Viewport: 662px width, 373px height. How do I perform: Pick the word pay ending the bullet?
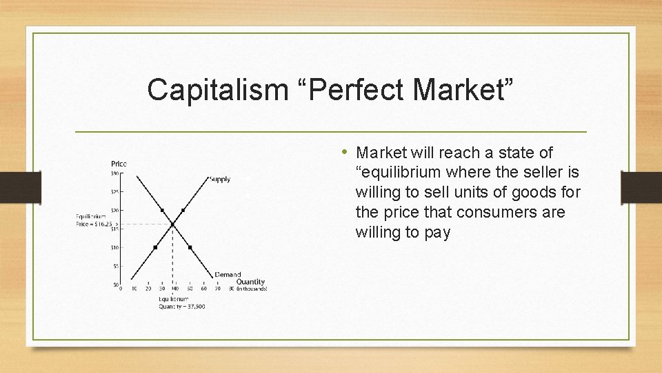pyautogui.click(x=438, y=232)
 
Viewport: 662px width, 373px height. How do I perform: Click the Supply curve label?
pyautogui.click(x=219, y=180)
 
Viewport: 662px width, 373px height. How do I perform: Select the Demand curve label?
pyautogui.click(x=228, y=275)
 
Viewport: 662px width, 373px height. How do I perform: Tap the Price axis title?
pyautogui.click(x=119, y=164)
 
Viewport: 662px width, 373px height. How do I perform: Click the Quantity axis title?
pyautogui.click(x=250, y=282)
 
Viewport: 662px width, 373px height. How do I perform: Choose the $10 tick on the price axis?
pyautogui.click(x=116, y=247)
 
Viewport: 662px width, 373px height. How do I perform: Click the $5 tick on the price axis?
pyautogui.click(x=117, y=266)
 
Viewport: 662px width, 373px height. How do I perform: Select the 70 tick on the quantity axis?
pyautogui.click(x=217, y=289)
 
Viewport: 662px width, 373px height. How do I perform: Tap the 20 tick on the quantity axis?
pyautogui.click(x=148, y=289)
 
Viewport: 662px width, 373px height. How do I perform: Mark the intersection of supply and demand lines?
pyautogui.click(x=172, y=224)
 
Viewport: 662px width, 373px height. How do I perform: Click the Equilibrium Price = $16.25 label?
pyautogui.click(x=93, y=220)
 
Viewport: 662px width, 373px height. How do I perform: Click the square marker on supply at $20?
pyautogui.click(x=183, y=210)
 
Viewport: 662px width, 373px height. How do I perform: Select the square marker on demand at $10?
pyautogui.click(x=190, y=247)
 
